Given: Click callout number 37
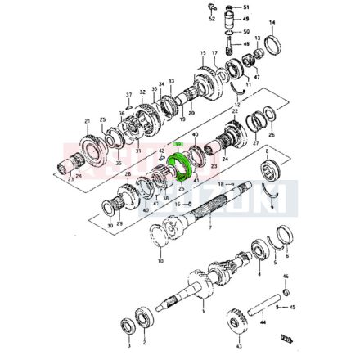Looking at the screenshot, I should click(x=128, y=94).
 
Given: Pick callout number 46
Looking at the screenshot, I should click(x=286, y=277).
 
